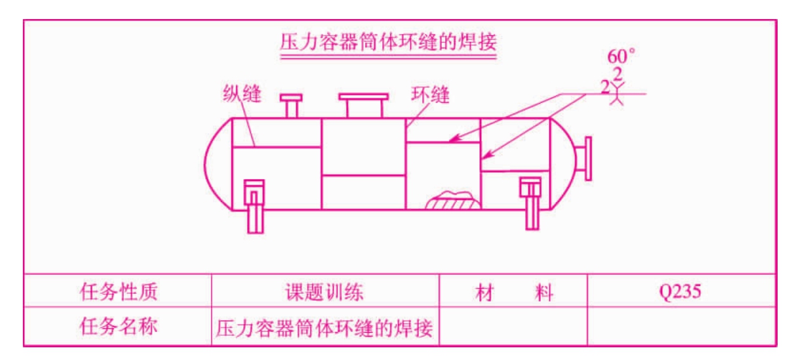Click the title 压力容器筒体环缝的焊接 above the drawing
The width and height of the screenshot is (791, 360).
click(389, 42)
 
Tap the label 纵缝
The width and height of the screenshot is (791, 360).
click(243, 94)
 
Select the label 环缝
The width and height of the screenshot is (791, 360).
click(430, 95)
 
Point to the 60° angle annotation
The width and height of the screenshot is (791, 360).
click(621, 56)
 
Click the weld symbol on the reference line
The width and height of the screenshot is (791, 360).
click(617, 93)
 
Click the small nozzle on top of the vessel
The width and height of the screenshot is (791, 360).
click(291, 105)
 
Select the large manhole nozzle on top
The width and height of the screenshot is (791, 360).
click(364, 105)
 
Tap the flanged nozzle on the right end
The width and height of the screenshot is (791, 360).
click(583, 159)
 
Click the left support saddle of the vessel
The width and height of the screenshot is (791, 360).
click(255, 206)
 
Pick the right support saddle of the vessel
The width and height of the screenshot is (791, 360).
click(531, 204)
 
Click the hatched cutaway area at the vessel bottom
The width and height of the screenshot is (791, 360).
click(453, 201)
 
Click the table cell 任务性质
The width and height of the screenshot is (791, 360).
click(118, 291)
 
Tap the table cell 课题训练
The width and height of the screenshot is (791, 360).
click(324, 292)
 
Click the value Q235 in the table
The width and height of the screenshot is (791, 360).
click(680, 292)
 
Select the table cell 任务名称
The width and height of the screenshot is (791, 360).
click(118, 326)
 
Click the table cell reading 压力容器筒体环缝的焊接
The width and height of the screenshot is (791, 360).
click(324, 328)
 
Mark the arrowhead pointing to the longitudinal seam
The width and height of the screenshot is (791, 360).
click(455, 138)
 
